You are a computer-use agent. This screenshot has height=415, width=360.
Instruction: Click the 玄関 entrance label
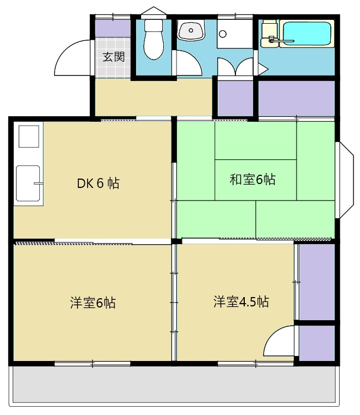pyautogui.click(x=114, y=56)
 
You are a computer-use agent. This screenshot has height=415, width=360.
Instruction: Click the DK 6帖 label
pyautogui.click(x=98, y=183)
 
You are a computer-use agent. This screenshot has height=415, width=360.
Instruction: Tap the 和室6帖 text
pyautogui.click(x=252, y=179)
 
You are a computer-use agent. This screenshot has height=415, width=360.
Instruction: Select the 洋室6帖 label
pyautogui.click(x=93, y=303)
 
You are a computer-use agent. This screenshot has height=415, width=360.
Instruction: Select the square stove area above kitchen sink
pyautogui.click(x=29, y=136)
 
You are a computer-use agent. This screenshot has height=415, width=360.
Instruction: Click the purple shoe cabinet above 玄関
pyautogui.click(x=113, y=28)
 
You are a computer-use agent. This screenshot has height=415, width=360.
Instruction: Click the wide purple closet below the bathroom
pyautogui.click(x=296, y=98)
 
